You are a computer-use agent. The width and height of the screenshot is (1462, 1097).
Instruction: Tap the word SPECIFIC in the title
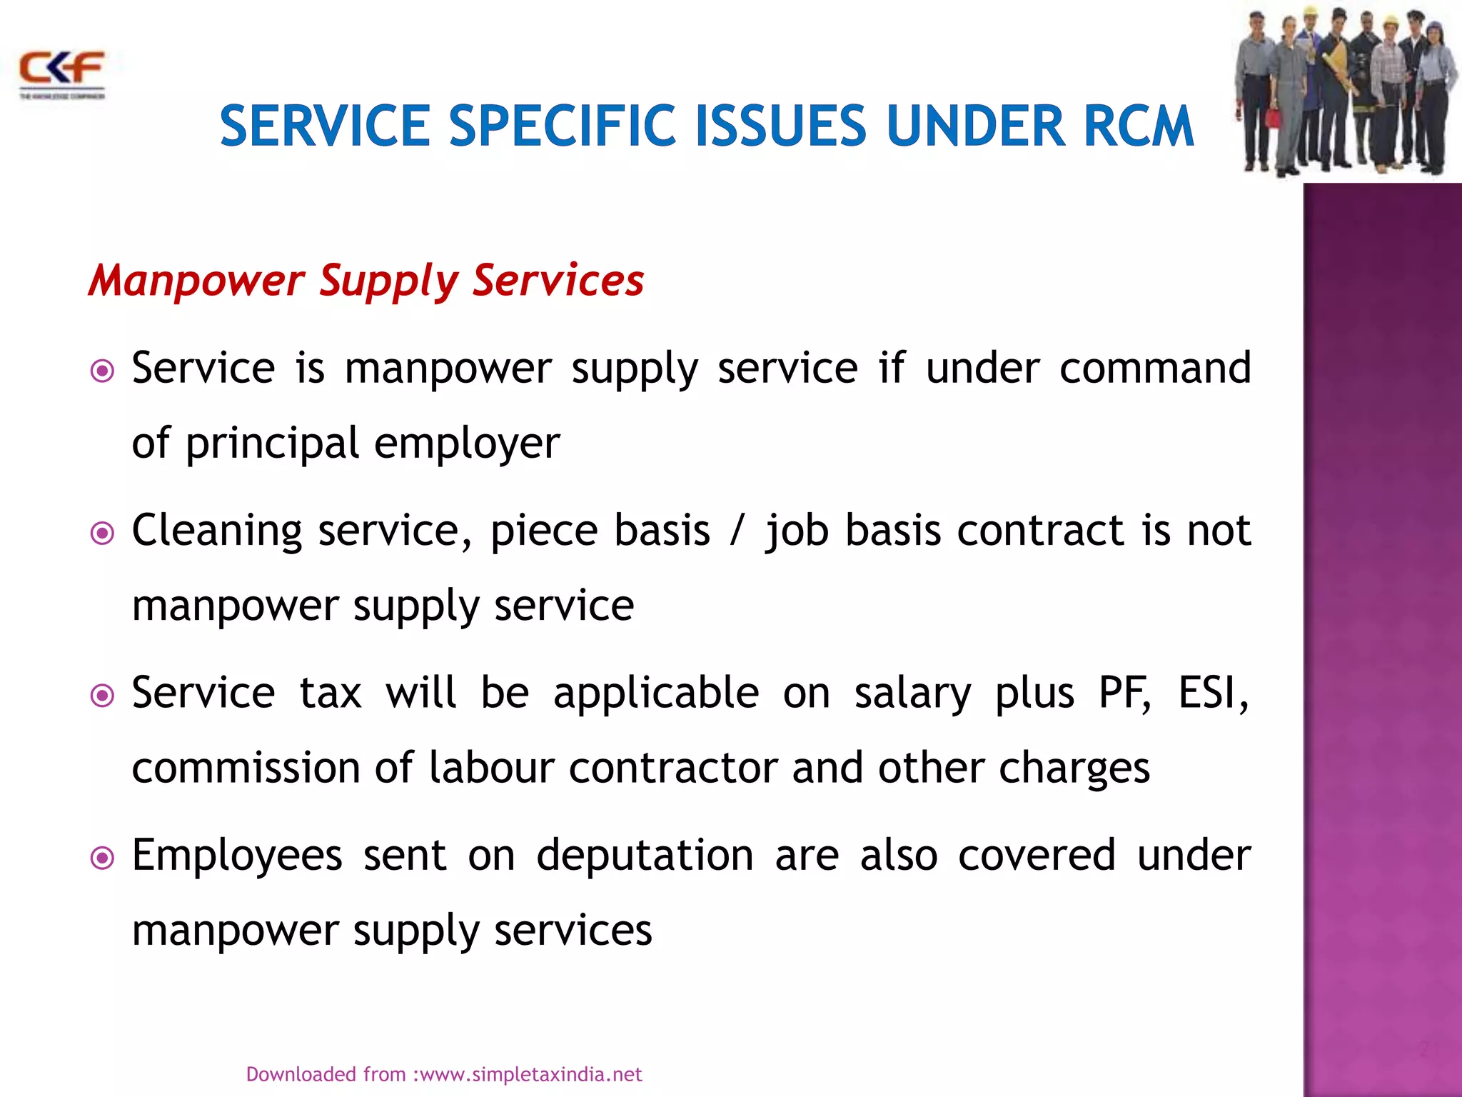562,126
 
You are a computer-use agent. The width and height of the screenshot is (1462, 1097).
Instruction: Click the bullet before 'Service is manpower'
103,371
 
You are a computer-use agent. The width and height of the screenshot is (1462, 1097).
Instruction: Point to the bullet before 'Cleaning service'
103,534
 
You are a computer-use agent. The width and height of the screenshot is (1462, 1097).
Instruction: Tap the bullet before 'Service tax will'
103,696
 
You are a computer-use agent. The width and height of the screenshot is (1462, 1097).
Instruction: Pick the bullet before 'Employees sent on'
103,858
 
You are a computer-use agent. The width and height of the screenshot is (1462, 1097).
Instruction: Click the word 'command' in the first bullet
1154,369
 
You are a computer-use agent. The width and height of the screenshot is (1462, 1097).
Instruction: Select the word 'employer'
467,444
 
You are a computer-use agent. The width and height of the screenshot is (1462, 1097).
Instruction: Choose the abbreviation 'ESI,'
1213,693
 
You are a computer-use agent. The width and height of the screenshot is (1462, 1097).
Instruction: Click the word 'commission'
246,768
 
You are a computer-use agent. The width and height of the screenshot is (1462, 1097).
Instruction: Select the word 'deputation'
645,856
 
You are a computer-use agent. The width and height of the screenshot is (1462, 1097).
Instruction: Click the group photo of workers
1345,91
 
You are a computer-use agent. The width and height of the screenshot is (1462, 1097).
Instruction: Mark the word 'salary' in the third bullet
912,694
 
